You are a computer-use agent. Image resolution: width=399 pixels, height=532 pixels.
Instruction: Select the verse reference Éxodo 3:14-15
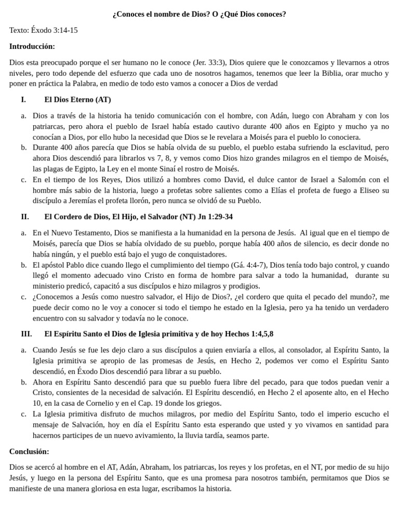click(54, 30)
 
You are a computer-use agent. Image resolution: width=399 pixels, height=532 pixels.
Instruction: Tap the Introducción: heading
click(32, 46)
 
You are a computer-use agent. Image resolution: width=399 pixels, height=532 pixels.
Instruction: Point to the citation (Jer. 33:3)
click(209, 62)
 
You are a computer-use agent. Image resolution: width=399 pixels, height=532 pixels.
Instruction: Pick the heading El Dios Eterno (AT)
click(77, 99)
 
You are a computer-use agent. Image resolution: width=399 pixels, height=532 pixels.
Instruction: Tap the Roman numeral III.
click(26, 334)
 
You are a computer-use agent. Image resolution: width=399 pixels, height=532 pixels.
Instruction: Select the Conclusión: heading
click(29, 451)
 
